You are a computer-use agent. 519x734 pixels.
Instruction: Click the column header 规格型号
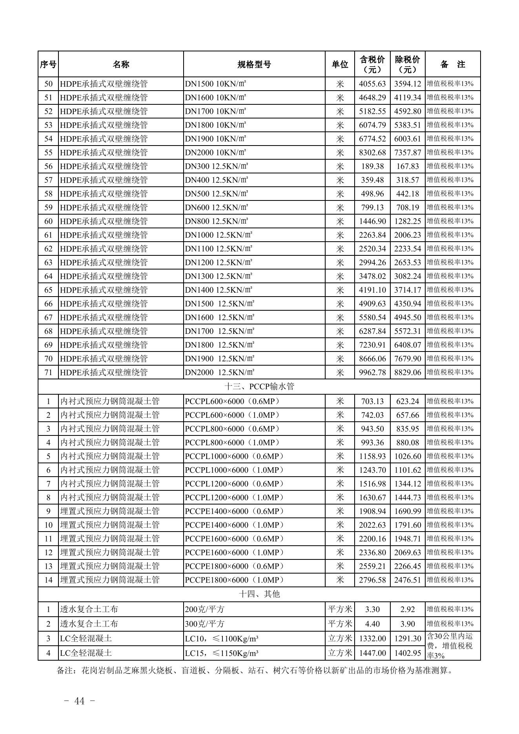(254, 64)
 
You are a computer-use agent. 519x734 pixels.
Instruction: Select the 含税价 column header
(372, 64)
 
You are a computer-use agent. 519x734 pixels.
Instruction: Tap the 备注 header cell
(452, 64)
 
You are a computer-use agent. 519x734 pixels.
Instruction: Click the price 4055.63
(372, 84)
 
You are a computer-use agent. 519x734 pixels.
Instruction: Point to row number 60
(48, 221)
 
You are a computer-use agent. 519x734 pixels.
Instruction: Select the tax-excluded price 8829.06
(408, 372)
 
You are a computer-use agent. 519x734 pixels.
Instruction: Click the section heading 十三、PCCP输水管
(259, 386)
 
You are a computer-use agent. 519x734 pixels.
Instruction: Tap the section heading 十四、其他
(259, 594)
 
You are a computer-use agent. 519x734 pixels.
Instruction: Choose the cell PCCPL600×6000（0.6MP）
(233, 401)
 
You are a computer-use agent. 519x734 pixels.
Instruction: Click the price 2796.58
(372, 580)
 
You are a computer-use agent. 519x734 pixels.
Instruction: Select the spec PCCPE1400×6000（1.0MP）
(234, 525)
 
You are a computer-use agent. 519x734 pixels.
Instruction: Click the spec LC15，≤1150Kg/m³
(222, 653)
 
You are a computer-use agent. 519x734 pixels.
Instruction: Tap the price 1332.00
(372, 639)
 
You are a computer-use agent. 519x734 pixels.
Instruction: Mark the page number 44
(79, 701)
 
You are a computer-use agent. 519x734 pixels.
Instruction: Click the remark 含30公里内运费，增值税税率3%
(452, 646)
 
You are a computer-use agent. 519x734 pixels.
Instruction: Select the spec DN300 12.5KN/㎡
(217, 166)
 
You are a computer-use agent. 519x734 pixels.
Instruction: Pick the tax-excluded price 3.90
(408, 624)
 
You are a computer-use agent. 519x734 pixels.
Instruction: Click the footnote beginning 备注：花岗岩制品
(255, 670)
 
